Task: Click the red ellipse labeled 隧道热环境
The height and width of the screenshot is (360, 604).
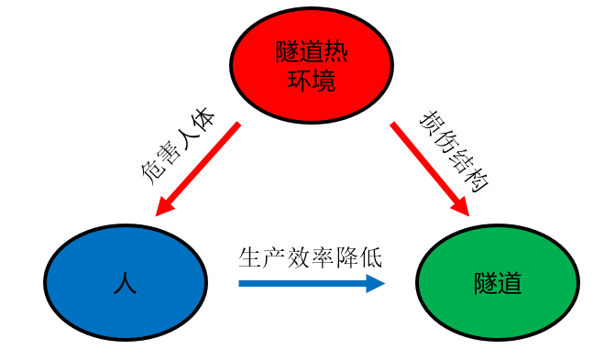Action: [x=311, y=63]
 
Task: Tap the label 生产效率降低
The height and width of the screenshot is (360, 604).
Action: [x=310, y=256]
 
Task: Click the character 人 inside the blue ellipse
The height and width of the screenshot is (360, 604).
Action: [x=126, y=281]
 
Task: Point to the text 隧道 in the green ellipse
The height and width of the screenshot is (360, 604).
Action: [x=498, y=282]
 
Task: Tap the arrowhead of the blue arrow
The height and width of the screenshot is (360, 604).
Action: [x=375, y=284]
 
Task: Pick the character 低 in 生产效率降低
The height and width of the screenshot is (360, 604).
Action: [x=370, y=256]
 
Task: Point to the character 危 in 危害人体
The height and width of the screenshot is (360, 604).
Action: [x=152, y=173]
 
